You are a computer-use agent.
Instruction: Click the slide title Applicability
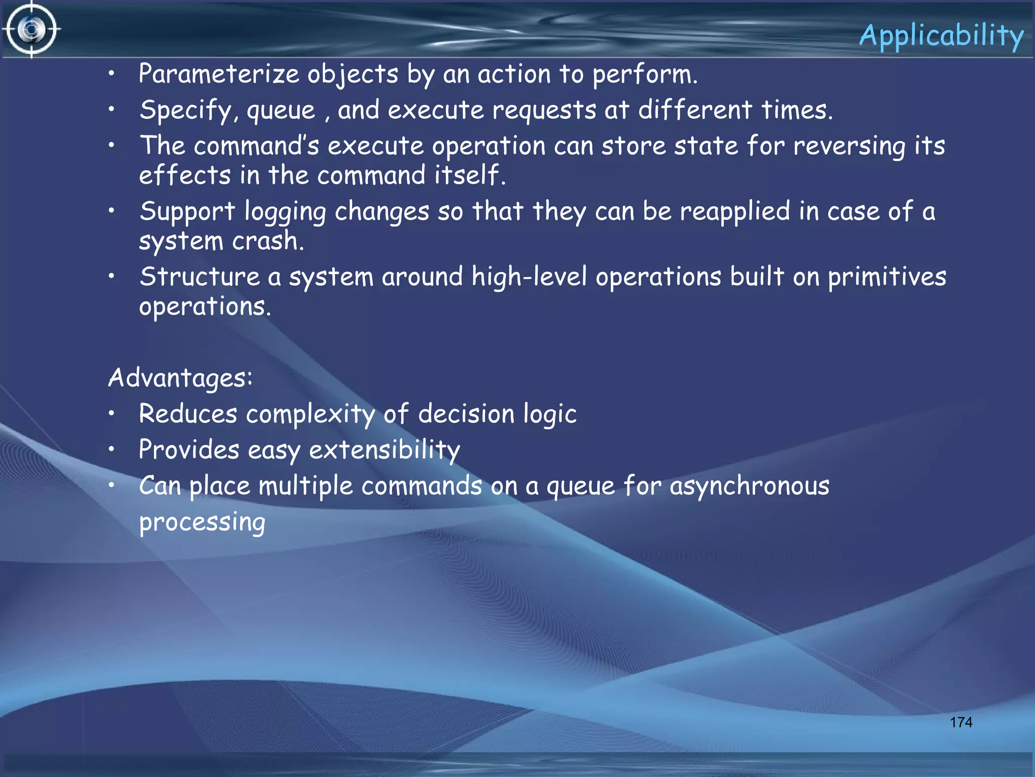(941, 36)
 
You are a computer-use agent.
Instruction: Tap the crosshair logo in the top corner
(31, 29)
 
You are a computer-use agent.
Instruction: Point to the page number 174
(961, 722)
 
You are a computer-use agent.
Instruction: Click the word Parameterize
(219, 74)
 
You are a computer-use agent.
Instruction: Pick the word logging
(285, 212)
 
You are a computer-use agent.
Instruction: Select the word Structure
(199, 277)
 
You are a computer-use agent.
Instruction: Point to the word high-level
(529, 277)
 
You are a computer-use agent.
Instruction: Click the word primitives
(887, 277)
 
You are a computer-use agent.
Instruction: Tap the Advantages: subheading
(180, 378)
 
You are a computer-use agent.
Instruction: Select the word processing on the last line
(202, 523)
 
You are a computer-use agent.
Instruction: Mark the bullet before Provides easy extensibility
(112, 449)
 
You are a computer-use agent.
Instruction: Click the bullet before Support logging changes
(112, 210)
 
